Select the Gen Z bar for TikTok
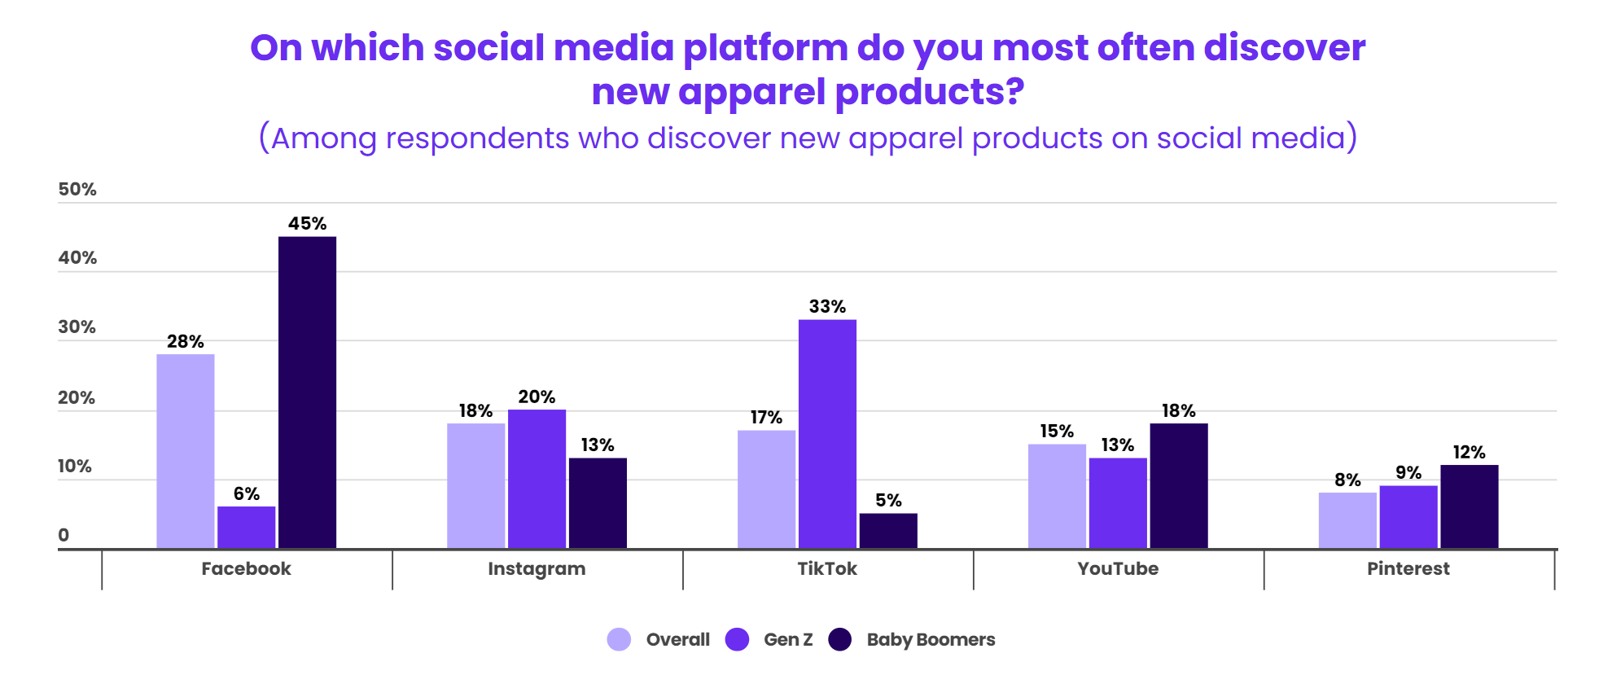[827, 434]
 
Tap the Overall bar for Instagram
[475, 486]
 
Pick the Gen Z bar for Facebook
[246, 528]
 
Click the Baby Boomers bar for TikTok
[888, 531]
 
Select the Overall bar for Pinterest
[1347, 520]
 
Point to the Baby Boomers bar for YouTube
[1179, 486]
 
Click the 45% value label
[307, 224]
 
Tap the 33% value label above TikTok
[827, 307]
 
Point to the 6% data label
[246, 494]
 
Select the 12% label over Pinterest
[1469, 453]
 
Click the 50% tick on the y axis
[77, 190]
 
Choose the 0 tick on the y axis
[64, 536]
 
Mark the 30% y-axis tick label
[77, 327]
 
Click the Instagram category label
[537, 569]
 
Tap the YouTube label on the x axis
[1118, 569]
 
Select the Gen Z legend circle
[737, 640]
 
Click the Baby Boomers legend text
[931, 640]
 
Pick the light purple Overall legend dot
[619, 640]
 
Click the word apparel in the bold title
[751, 92]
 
